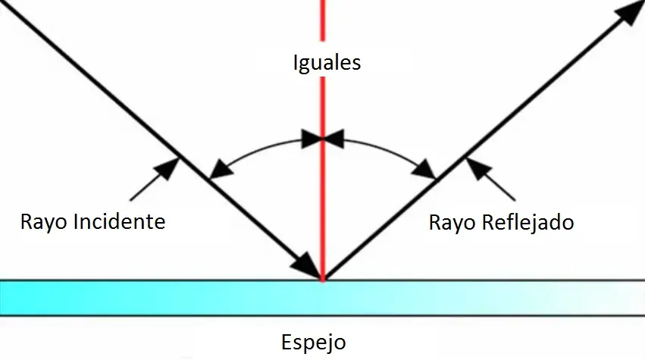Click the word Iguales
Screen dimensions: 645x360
(x=327, y=64)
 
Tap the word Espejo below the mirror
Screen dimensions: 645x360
(x=314, y=343)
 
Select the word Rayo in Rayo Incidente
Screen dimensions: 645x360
(x=44, y=223)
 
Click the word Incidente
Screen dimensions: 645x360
(x=119, y=222)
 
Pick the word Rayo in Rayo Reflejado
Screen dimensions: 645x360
(x=452, y=224)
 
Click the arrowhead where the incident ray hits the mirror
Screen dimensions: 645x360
(x=306, y=265)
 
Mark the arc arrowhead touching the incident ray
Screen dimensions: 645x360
(x=221, y=170)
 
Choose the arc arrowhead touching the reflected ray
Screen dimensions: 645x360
(x=424, y=170)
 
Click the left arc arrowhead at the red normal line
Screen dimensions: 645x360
(x=312, y=139)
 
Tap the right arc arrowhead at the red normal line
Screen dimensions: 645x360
(x=333, y=139)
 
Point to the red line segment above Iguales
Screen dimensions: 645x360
(x=323, y=20)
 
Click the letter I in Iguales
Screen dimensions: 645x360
(x=296, y=63)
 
